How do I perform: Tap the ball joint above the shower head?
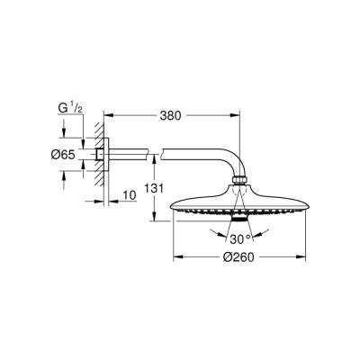pos(238,187)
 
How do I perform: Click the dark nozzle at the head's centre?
pos(238,220)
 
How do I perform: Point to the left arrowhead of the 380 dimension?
pos(105,114)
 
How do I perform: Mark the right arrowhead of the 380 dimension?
pos(238,114)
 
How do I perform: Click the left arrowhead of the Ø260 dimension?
pos(171,255)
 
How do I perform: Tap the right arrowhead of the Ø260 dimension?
pos(306,255)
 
